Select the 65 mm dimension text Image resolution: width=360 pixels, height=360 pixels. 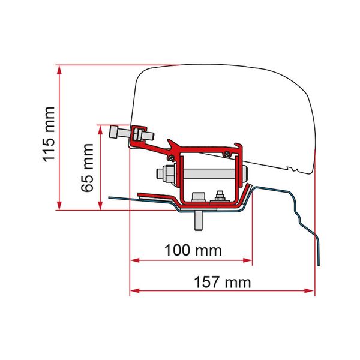[88, 167]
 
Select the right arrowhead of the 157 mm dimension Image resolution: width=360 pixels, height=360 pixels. [310, 292]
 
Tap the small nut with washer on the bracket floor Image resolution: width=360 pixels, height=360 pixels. [220, 197]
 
